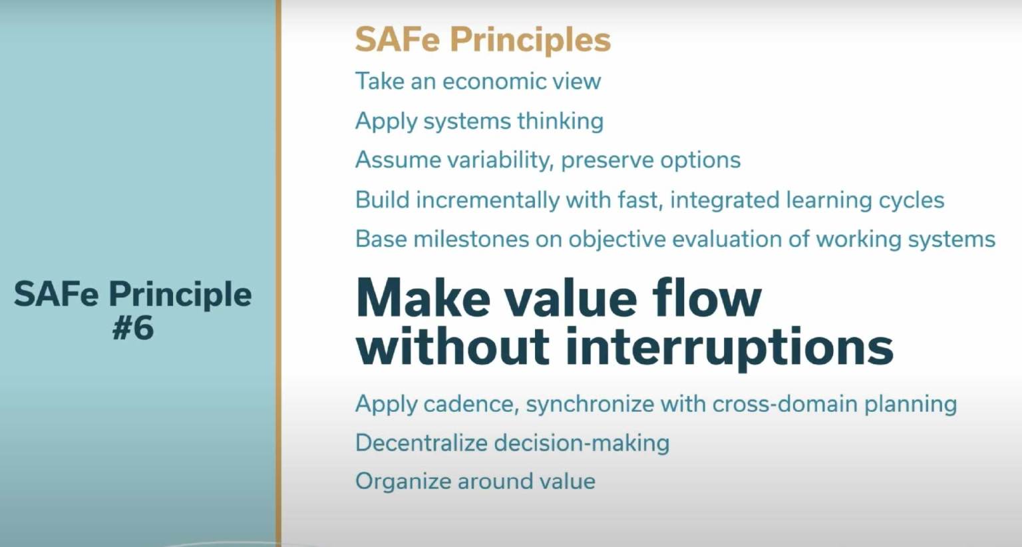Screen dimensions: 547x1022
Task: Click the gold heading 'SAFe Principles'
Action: [482, 39]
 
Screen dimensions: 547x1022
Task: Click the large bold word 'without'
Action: [452, 347]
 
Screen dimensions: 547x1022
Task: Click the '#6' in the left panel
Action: [133, 328]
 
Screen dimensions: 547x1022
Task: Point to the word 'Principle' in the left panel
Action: [180, 295]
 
